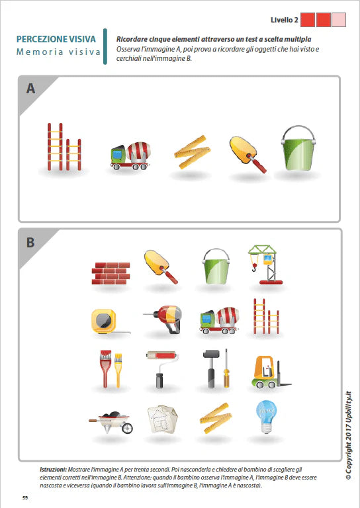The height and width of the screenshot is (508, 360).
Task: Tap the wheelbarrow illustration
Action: coord(111,420)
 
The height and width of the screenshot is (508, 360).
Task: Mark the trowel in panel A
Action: coord(247,153)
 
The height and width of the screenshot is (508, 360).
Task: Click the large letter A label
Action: coord(30,89)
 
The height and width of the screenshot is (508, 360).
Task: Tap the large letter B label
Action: coord(30,242)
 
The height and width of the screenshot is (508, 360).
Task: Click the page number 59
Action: coord(24,497)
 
